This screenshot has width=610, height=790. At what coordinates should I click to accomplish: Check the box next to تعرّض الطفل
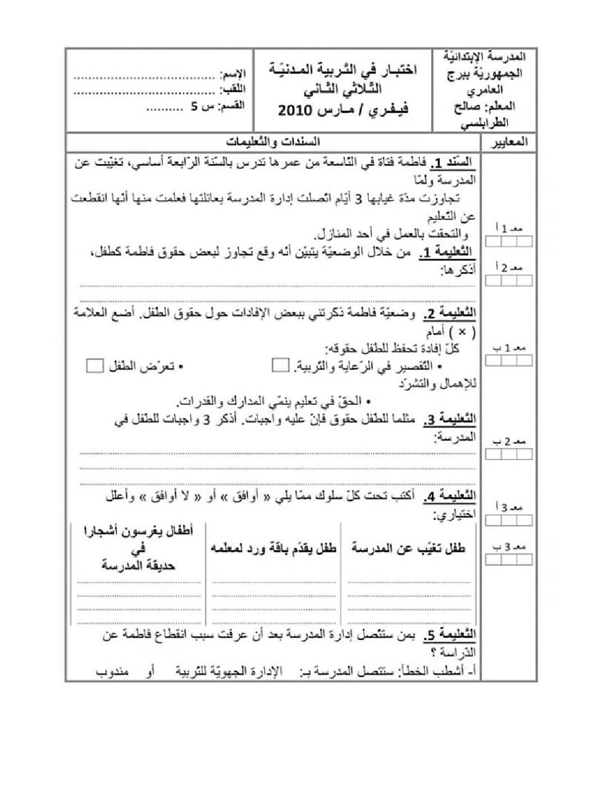[95, 366]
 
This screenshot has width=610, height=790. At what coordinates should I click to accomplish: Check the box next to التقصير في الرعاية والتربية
[279, 366]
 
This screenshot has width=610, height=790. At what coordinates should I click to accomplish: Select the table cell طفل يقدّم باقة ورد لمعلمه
[274, 548]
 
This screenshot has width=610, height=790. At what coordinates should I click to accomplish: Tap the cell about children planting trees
[138, 548]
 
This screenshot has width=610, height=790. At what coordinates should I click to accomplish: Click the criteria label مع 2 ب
[509, 441]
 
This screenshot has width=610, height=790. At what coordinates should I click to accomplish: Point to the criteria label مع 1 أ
[509, 229]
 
